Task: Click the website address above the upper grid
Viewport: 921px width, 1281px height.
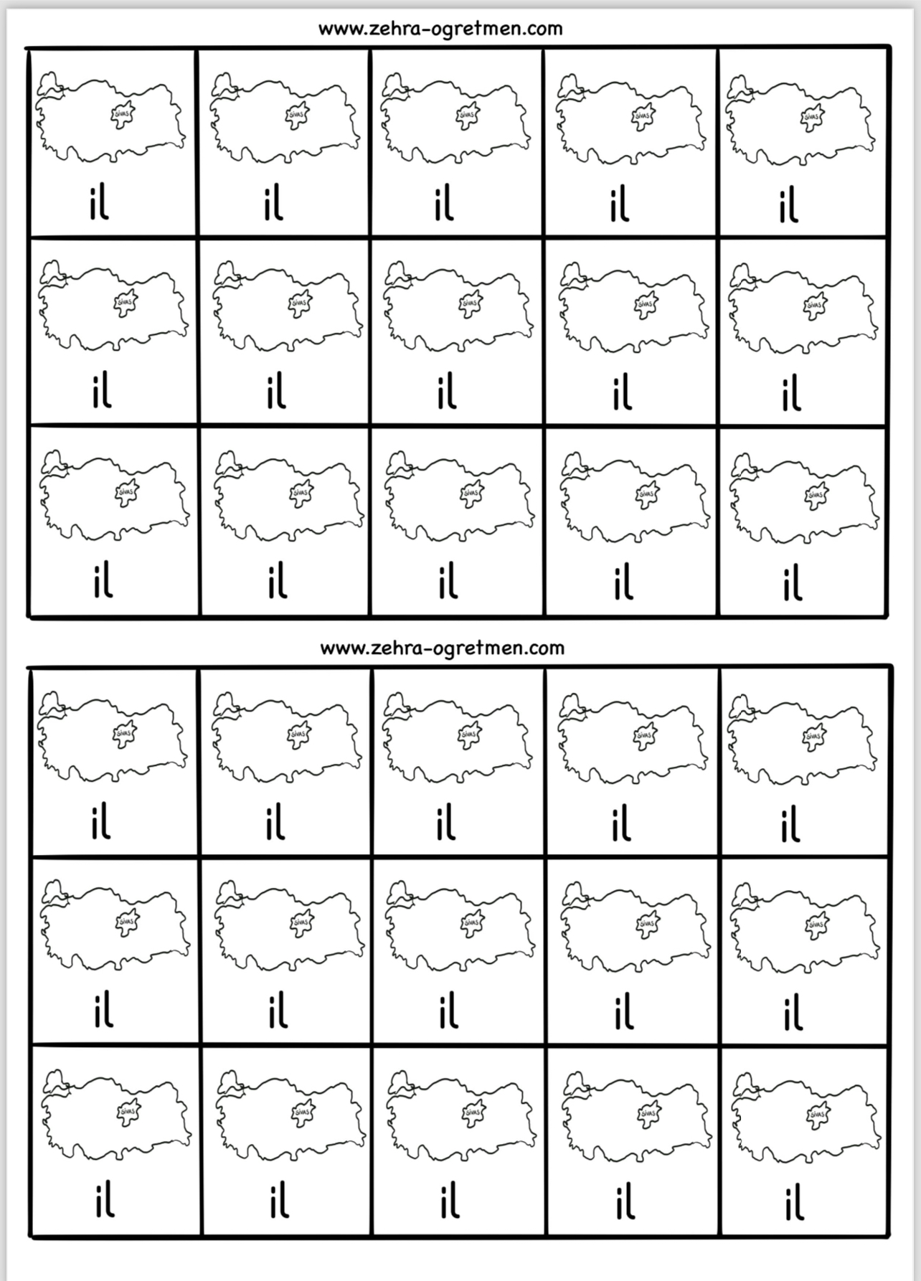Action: tap(440, 29)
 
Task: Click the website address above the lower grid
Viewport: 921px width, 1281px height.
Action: tap(442, 648)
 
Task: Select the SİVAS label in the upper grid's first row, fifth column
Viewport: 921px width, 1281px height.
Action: tap(811, 115)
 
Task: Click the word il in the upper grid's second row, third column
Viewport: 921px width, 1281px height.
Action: tap(447, 392)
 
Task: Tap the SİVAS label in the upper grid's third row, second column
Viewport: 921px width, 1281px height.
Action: tap(299, 493)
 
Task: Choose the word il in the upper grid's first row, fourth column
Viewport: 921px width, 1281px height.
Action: tap(620, 204)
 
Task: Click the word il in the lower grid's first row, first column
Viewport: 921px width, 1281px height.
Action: tap(101, 823)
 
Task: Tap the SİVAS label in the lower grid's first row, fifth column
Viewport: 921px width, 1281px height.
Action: tap(813, 735)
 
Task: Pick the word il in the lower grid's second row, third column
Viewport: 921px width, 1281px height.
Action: tap(448, 1011)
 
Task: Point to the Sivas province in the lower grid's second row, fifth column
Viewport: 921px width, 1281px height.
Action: tap(816, 926)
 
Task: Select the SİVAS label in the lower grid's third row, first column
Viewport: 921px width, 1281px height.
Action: tap(128, 1112)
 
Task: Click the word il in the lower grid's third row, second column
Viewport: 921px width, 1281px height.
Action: tap(279, 1203)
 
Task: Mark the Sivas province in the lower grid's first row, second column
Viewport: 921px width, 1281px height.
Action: tap(297, 734)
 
